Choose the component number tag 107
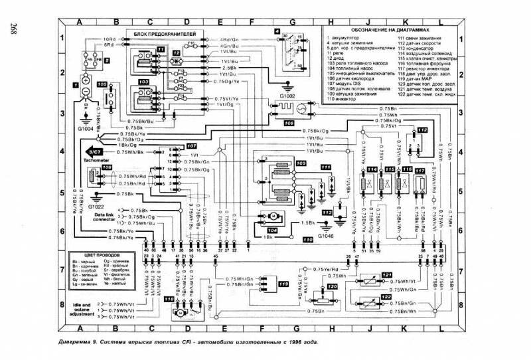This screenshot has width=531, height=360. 191,145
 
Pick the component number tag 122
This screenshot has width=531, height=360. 387,297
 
